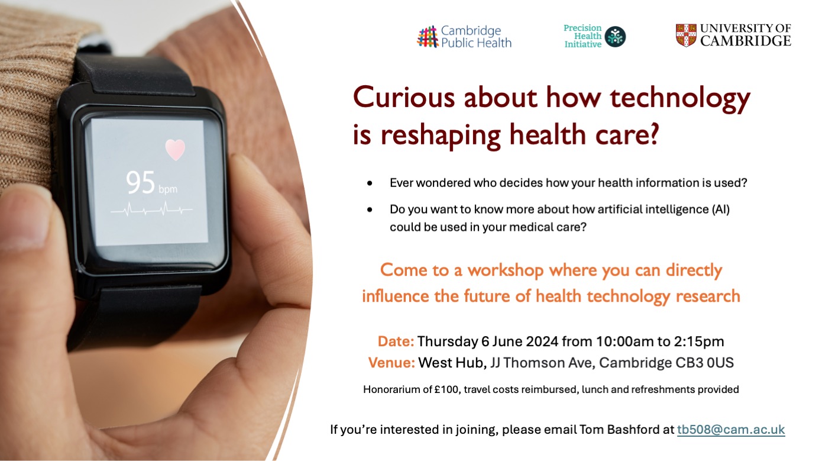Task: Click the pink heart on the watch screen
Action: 175,150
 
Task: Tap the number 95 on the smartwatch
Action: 140,182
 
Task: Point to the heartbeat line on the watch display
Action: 152,210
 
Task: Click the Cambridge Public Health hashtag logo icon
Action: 428,37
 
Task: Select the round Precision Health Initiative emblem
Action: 615,37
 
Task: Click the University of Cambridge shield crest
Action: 686,35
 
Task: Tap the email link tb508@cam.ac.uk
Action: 731,430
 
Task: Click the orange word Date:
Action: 396,341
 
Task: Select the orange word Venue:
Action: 391,363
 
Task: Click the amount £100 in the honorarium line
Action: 446,389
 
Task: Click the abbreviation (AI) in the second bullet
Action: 720,209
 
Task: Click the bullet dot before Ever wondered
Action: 370,183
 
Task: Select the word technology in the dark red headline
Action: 680,99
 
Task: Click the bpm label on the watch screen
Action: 168,189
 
